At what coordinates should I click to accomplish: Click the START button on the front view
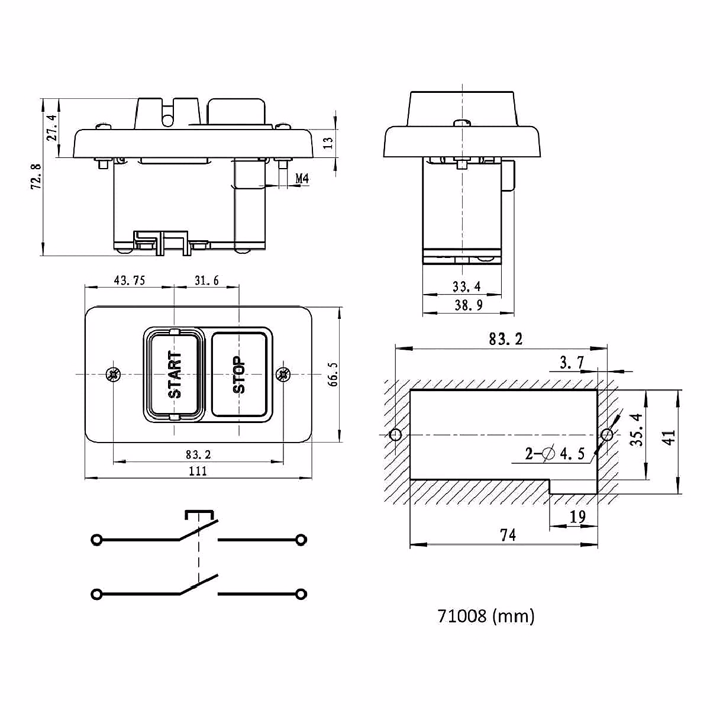(x=174, y=374)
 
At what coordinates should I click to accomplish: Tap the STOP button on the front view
(x=239, y=374)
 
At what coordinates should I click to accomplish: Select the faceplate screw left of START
(x=113, y=374)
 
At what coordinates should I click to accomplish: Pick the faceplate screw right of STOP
(x=283, y=374)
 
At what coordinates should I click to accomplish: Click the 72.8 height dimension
(x=36, y=176)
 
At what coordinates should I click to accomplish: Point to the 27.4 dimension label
(x=51, y=128)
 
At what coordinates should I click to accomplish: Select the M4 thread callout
(x=302, y=178)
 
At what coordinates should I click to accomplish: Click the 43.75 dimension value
(x=130, y=280)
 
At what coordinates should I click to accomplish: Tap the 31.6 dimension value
(x=206, y=280)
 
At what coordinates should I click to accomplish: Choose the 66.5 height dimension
(x=333, y=375)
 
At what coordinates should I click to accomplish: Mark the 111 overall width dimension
(x=198, y=471)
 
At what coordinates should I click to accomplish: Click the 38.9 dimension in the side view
(x=468, y=305)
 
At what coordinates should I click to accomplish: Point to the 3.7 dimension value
(x=572, y=363)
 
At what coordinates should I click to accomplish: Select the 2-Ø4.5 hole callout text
(x=555, y=454)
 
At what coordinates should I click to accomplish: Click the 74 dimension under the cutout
(x=508, y=535)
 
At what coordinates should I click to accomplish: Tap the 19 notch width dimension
(x=577, y=517)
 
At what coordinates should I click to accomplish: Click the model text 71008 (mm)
(x=486, y=616)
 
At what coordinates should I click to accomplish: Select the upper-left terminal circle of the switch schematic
(x=96, y=540)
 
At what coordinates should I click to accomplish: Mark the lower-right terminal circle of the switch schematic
(x=301, y=593)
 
